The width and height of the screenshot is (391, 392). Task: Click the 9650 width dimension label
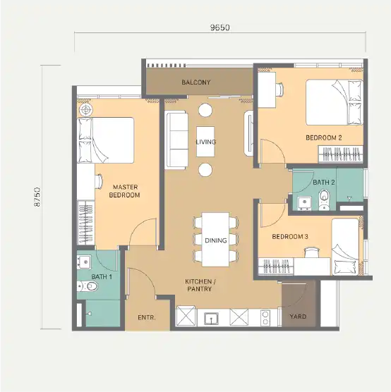219,27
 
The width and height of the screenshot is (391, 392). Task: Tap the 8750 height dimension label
37,197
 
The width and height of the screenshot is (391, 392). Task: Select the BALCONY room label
196,82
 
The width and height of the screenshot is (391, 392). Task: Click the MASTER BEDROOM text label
124,191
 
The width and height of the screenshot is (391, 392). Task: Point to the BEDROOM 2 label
324,137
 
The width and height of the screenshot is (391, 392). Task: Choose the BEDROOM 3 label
290,236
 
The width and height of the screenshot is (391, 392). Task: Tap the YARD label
298,317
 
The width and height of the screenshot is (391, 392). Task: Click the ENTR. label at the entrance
147,317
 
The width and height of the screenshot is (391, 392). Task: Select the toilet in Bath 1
87,286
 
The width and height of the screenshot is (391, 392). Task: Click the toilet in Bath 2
325,199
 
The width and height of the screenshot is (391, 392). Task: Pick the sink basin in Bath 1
84,262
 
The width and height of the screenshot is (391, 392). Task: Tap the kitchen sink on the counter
212,319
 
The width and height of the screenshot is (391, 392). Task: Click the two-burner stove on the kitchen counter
265,318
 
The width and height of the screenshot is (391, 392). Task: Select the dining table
215,240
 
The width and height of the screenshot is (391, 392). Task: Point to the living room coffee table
205,142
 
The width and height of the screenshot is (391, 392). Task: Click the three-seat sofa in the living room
177,141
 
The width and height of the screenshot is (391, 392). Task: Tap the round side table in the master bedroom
85,109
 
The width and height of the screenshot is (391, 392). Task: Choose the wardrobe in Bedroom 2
340,154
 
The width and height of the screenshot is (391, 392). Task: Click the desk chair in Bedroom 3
311,252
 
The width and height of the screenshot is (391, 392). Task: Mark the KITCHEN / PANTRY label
200,286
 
